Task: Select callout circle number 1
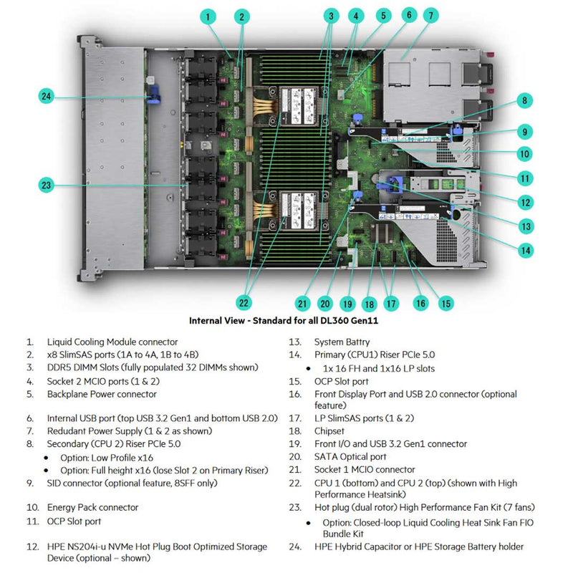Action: (x=207, y=16)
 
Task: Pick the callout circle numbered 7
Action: (x=430, y=15)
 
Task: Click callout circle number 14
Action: (x=526, y=250)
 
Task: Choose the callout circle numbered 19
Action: (x=348, y=304)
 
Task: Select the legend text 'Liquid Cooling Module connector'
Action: (x=112, y=342)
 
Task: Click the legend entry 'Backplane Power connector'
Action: (x=102, y=394)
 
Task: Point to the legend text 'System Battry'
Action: (x=344, y=342)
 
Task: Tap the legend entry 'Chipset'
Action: (x=329, y=431)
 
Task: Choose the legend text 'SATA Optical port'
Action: (x=350, y=457)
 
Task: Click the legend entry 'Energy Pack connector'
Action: (x=92, y=507)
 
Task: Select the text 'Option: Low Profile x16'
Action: (x=107, y=457)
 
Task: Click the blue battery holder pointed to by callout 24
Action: (x=152, y=97)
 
